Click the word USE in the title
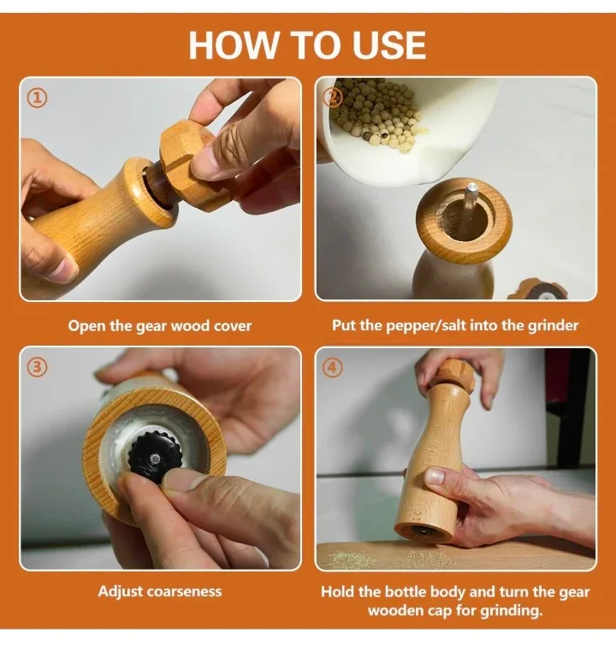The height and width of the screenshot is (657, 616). click(380, 44)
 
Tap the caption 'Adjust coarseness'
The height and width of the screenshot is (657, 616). click(160, 591)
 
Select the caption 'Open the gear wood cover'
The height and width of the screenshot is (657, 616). click(160, 325)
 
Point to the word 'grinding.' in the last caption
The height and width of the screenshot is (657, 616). click(513, 611)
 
